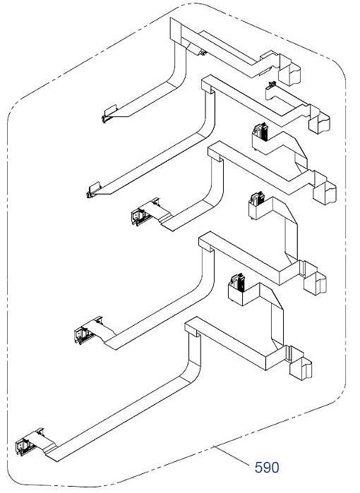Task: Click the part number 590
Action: point(267,468)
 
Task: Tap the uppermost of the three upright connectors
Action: point(261,132)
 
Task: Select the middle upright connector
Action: point(257,200)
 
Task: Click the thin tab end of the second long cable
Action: point(94,190)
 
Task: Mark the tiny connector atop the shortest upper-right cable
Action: point(272,84)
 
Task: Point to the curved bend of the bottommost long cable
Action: point(193,371)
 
